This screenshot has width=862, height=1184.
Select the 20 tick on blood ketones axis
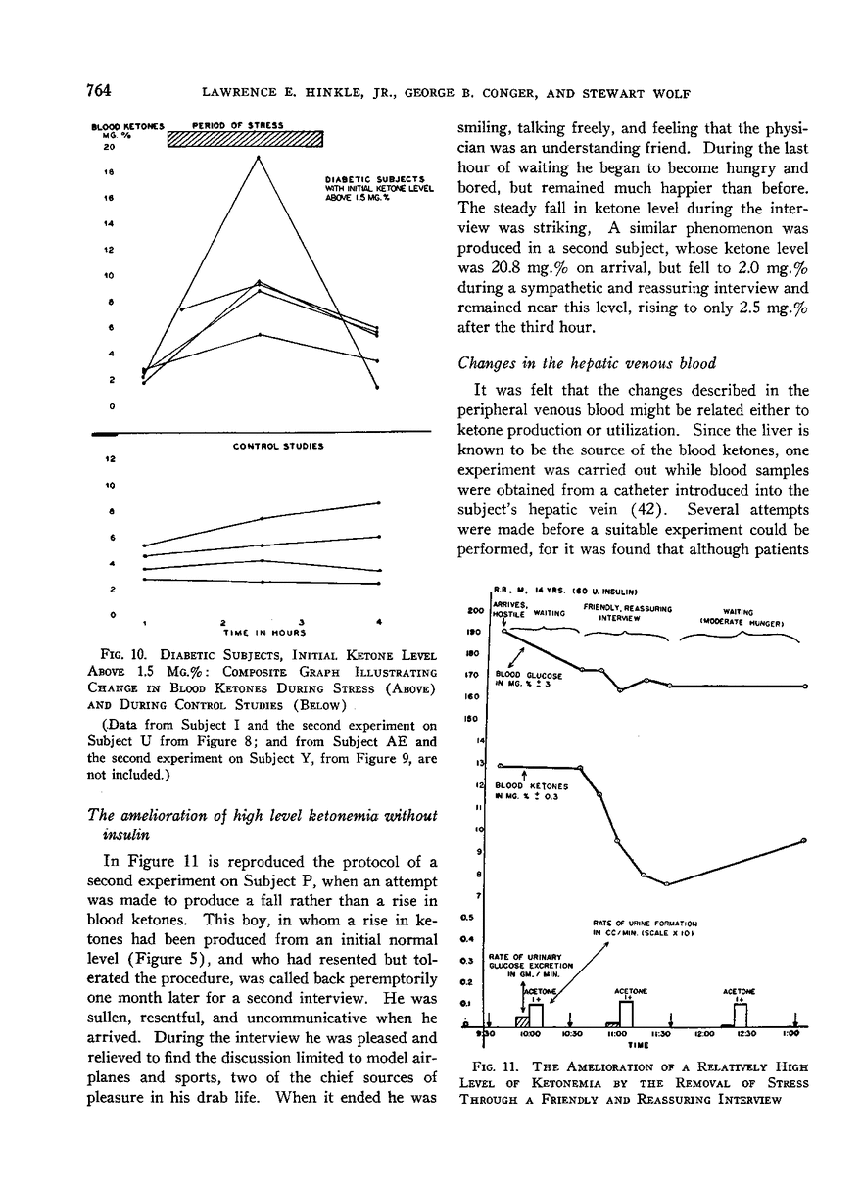(x=111, y=148)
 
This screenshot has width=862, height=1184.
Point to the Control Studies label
(x=277, y=447)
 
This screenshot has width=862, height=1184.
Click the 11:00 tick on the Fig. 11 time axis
(x=617, y=1032)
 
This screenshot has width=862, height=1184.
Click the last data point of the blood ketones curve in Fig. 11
(x=804, y=841)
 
